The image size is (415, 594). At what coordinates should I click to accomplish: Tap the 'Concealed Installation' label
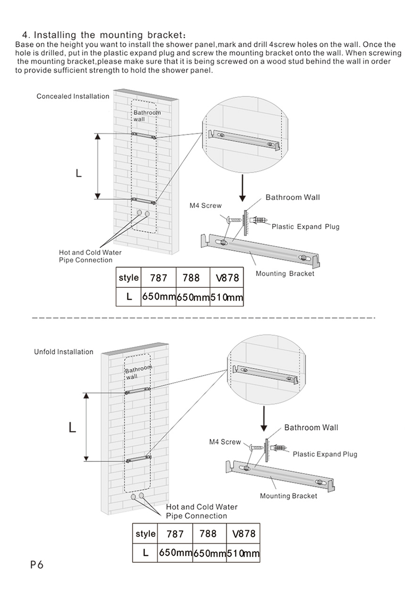[x=73, y=96]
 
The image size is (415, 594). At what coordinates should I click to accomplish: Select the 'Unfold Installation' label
[x=64, y=352]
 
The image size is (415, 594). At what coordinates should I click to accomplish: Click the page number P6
[x=36, y=565]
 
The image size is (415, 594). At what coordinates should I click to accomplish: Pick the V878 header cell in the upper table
[x=227, y=278]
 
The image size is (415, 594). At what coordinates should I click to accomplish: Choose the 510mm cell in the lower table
[x=243, y=553]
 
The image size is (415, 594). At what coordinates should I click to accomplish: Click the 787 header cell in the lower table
[x=175, y=534]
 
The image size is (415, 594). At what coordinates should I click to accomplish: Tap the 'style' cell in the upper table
[x=129, y=277]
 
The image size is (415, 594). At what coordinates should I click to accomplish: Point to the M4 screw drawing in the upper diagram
[x=234, y=219]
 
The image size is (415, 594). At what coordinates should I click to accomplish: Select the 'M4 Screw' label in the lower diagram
[x=225, y=442]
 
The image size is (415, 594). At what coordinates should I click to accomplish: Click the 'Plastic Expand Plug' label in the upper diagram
[x=305, y=227]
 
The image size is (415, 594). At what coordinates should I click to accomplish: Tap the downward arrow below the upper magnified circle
[x=242, y=188]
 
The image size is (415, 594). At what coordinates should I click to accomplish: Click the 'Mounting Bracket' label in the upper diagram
[x=284, y=274]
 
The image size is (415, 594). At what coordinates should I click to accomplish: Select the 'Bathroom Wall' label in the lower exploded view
[x=311, y=427]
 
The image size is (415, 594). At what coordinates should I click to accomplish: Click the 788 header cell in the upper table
[x=191, y=278]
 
